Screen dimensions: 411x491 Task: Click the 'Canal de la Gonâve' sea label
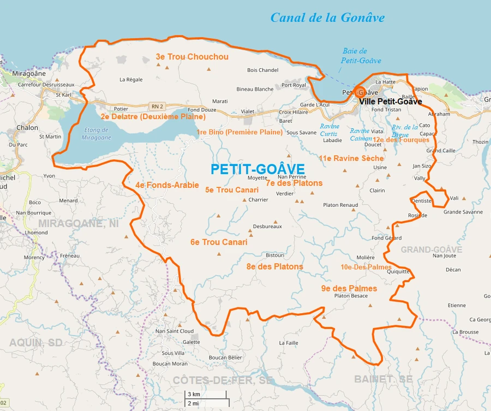coord(327,17)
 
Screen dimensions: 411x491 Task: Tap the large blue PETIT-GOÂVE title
coord(258,170)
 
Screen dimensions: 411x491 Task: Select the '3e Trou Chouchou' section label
coord(192,57)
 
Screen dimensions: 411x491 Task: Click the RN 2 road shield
coord(158,106)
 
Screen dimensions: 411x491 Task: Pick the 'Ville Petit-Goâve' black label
coord(390,102)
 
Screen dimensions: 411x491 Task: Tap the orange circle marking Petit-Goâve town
coord(360,91)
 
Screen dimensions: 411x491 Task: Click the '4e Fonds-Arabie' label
coord(167,185)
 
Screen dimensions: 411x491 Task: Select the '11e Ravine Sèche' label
coord(351,158)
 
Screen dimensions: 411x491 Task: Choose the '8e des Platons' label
coord(274,266)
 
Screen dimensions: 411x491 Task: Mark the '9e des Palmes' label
coord(349,288)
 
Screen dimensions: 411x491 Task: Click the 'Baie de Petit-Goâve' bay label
coord(361,56)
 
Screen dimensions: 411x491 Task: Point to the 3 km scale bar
coord(205,395)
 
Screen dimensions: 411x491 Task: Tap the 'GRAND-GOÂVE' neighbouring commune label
coord(432,249)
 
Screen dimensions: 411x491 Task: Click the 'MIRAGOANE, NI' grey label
coord(78,223)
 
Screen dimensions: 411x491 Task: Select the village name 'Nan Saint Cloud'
coord(175,331)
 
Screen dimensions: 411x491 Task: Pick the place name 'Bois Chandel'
coord(262,70)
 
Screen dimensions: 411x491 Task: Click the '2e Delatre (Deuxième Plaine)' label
coord(153,117)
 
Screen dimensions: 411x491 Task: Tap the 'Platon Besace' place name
coord(351,296)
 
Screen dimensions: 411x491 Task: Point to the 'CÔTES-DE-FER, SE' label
coord(223,379)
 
